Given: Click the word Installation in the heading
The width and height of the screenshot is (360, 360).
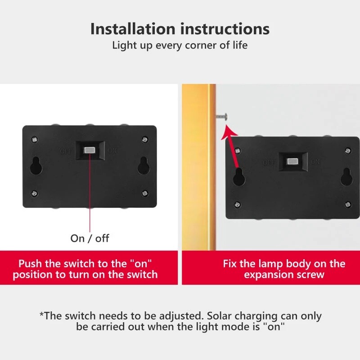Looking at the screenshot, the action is pos(133,29).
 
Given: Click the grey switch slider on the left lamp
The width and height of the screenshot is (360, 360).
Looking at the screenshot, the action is pos(90,150).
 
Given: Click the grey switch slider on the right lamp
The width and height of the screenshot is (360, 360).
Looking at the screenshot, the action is pos(292,162).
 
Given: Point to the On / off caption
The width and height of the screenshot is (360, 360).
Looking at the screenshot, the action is pos(90,238).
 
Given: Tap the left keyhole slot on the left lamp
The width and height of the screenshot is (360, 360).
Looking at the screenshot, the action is pos(36,165).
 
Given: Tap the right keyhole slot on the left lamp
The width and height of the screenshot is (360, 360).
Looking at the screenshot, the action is pos(144,165).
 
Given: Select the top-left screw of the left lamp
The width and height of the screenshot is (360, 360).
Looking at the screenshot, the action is pos(35,139).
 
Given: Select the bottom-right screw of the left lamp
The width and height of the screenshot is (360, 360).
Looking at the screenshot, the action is pos(144,193).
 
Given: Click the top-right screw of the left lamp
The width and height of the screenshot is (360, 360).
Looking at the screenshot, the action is pos(144,139).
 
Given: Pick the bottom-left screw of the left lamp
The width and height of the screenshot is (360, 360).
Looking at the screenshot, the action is pos(35,193).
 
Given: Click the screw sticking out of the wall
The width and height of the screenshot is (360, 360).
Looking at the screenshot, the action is pos(222,117).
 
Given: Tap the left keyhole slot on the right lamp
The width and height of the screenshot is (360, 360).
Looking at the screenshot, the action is pos(239,176).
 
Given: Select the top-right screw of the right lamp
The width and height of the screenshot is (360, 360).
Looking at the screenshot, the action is pos(347,151).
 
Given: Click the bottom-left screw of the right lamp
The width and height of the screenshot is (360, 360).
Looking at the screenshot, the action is pos(238,205).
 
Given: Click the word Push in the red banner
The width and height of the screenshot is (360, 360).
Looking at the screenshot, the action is pos(30,264).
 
